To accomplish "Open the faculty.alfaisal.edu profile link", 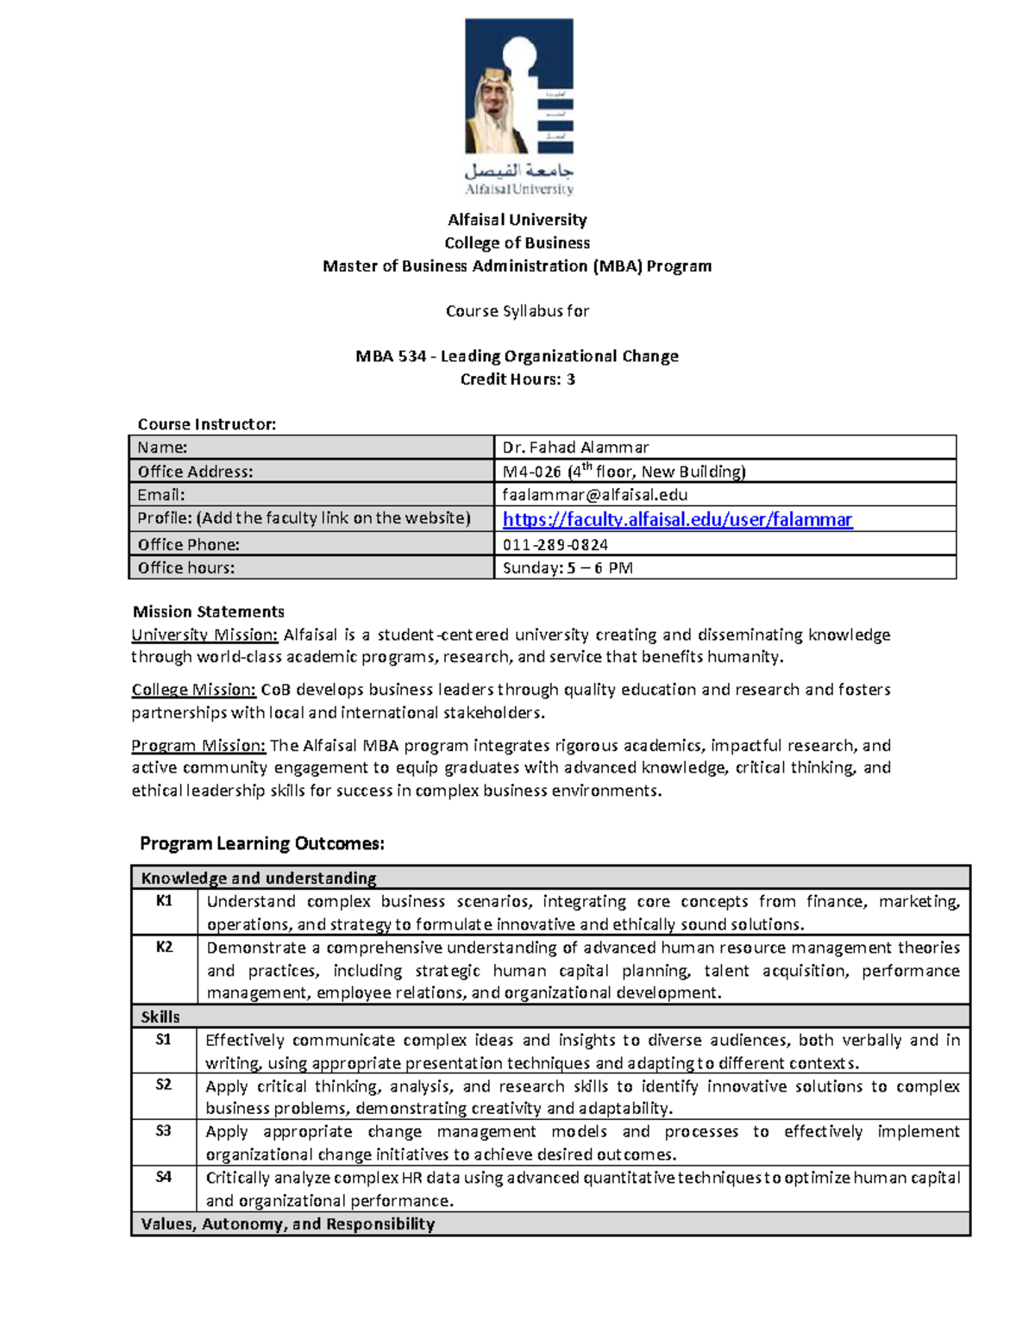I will click(677, 519).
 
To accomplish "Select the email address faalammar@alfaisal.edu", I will click(595, 495).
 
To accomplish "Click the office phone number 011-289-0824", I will click(555, 545).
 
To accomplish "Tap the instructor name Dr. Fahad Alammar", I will click(575, 447).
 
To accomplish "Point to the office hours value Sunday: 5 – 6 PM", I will click(568, 568).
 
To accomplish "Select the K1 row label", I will click(164, 901).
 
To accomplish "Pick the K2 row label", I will click(164, 947).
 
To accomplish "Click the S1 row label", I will click(164, 1040).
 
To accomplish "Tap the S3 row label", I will click(164, 1131).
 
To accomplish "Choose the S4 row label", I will click(164, 1177).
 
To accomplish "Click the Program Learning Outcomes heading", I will click(262, 843).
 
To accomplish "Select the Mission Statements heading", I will click(209, 612).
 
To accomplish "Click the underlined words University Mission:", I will click(204, 635).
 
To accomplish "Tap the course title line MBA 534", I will click(517, 356).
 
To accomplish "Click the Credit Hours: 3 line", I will click(517, 379).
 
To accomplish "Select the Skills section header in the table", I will click(160, 1017).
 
